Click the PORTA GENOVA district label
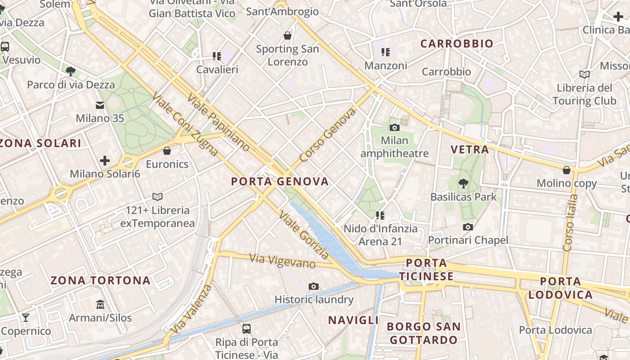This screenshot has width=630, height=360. coord(279,182)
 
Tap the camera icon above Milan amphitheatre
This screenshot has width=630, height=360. coord(395,127)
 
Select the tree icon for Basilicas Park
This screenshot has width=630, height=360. coord(463,183)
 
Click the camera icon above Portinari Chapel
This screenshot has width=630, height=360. coord(468,227)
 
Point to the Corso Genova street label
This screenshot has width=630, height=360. coord(327,135)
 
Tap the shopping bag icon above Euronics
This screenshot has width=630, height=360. coord(167,151)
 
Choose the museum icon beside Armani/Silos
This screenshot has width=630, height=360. coord(100,305)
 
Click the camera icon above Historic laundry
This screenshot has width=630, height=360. coord(314,286)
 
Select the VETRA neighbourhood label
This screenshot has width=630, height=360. coord(469,149)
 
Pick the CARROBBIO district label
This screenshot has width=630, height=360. coord(457,44)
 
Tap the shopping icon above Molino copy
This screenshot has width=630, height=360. coord(567,170)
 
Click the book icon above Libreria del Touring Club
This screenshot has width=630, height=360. coord(585,74)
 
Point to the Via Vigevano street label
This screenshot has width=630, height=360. coord(282,261)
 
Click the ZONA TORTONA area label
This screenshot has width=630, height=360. coord(100,281)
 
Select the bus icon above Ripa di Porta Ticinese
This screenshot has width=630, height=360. coord(246,328)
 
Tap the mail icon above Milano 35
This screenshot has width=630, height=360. coord(100,105)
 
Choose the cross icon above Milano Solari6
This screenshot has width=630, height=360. coord(105,161)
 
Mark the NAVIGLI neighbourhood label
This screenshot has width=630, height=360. coord(353,320)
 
